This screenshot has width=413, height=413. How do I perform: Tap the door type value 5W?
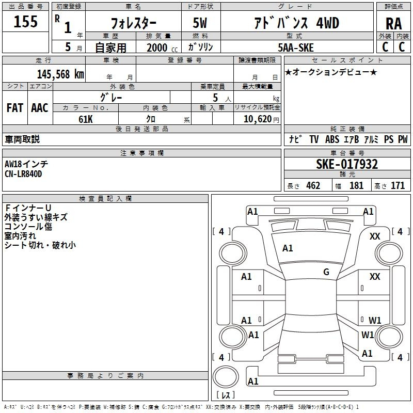200,23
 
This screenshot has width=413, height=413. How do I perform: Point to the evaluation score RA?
393,24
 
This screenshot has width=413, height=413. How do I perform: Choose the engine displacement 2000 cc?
157,47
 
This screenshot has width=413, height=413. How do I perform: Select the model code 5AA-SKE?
295,47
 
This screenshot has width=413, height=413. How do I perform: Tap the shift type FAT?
14,108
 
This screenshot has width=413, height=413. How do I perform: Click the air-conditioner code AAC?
40,108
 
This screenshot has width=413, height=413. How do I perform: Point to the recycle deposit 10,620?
257,119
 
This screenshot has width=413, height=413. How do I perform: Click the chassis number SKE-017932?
346,165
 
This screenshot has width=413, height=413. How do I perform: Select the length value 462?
313,186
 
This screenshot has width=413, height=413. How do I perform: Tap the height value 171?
398,186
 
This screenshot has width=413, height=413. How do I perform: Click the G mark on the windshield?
326,272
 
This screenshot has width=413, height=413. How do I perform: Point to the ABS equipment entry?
332,139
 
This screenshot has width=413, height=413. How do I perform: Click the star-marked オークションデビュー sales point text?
331,72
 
